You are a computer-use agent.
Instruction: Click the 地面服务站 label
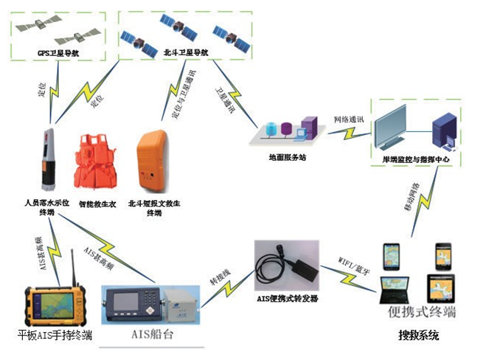click(287, 157)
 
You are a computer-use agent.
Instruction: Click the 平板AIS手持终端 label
click(55, 336)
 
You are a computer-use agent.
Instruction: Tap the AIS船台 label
click(150, 336)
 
